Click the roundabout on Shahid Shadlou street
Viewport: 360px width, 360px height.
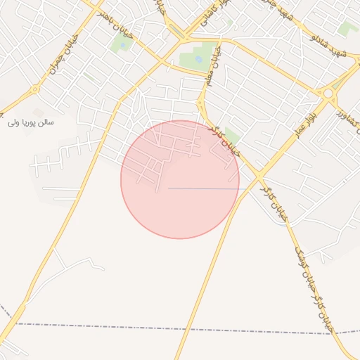point(328,92)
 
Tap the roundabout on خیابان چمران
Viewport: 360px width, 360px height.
point(34,89)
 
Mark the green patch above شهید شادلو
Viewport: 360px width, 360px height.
point(347,29)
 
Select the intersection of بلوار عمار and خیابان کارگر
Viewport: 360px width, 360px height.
point(259,173)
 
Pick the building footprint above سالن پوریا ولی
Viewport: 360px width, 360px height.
point(38,112)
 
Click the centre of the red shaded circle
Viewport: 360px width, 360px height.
point(179,179)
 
